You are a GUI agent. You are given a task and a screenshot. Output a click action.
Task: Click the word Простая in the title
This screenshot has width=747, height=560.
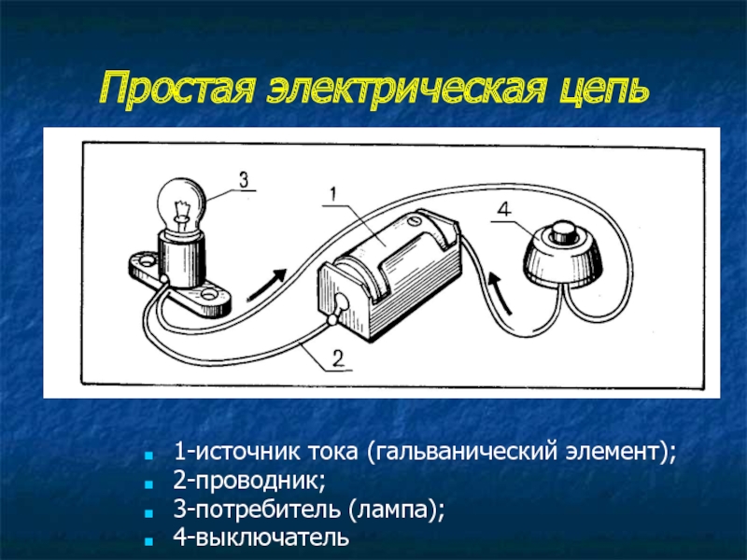click(x=177, y=90)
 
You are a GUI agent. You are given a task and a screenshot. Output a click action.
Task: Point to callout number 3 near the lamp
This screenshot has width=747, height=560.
click(x=243, y=179)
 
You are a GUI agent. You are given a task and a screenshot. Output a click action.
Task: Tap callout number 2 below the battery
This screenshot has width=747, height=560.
click(x=338, y=356)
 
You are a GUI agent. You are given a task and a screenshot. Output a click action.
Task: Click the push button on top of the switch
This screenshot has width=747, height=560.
click(x=562, y=231)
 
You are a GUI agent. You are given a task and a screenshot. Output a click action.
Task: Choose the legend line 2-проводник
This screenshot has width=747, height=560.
click(x=249, y=483)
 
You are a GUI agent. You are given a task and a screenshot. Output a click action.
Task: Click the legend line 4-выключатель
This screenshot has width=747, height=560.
click(x=261, y=539)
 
